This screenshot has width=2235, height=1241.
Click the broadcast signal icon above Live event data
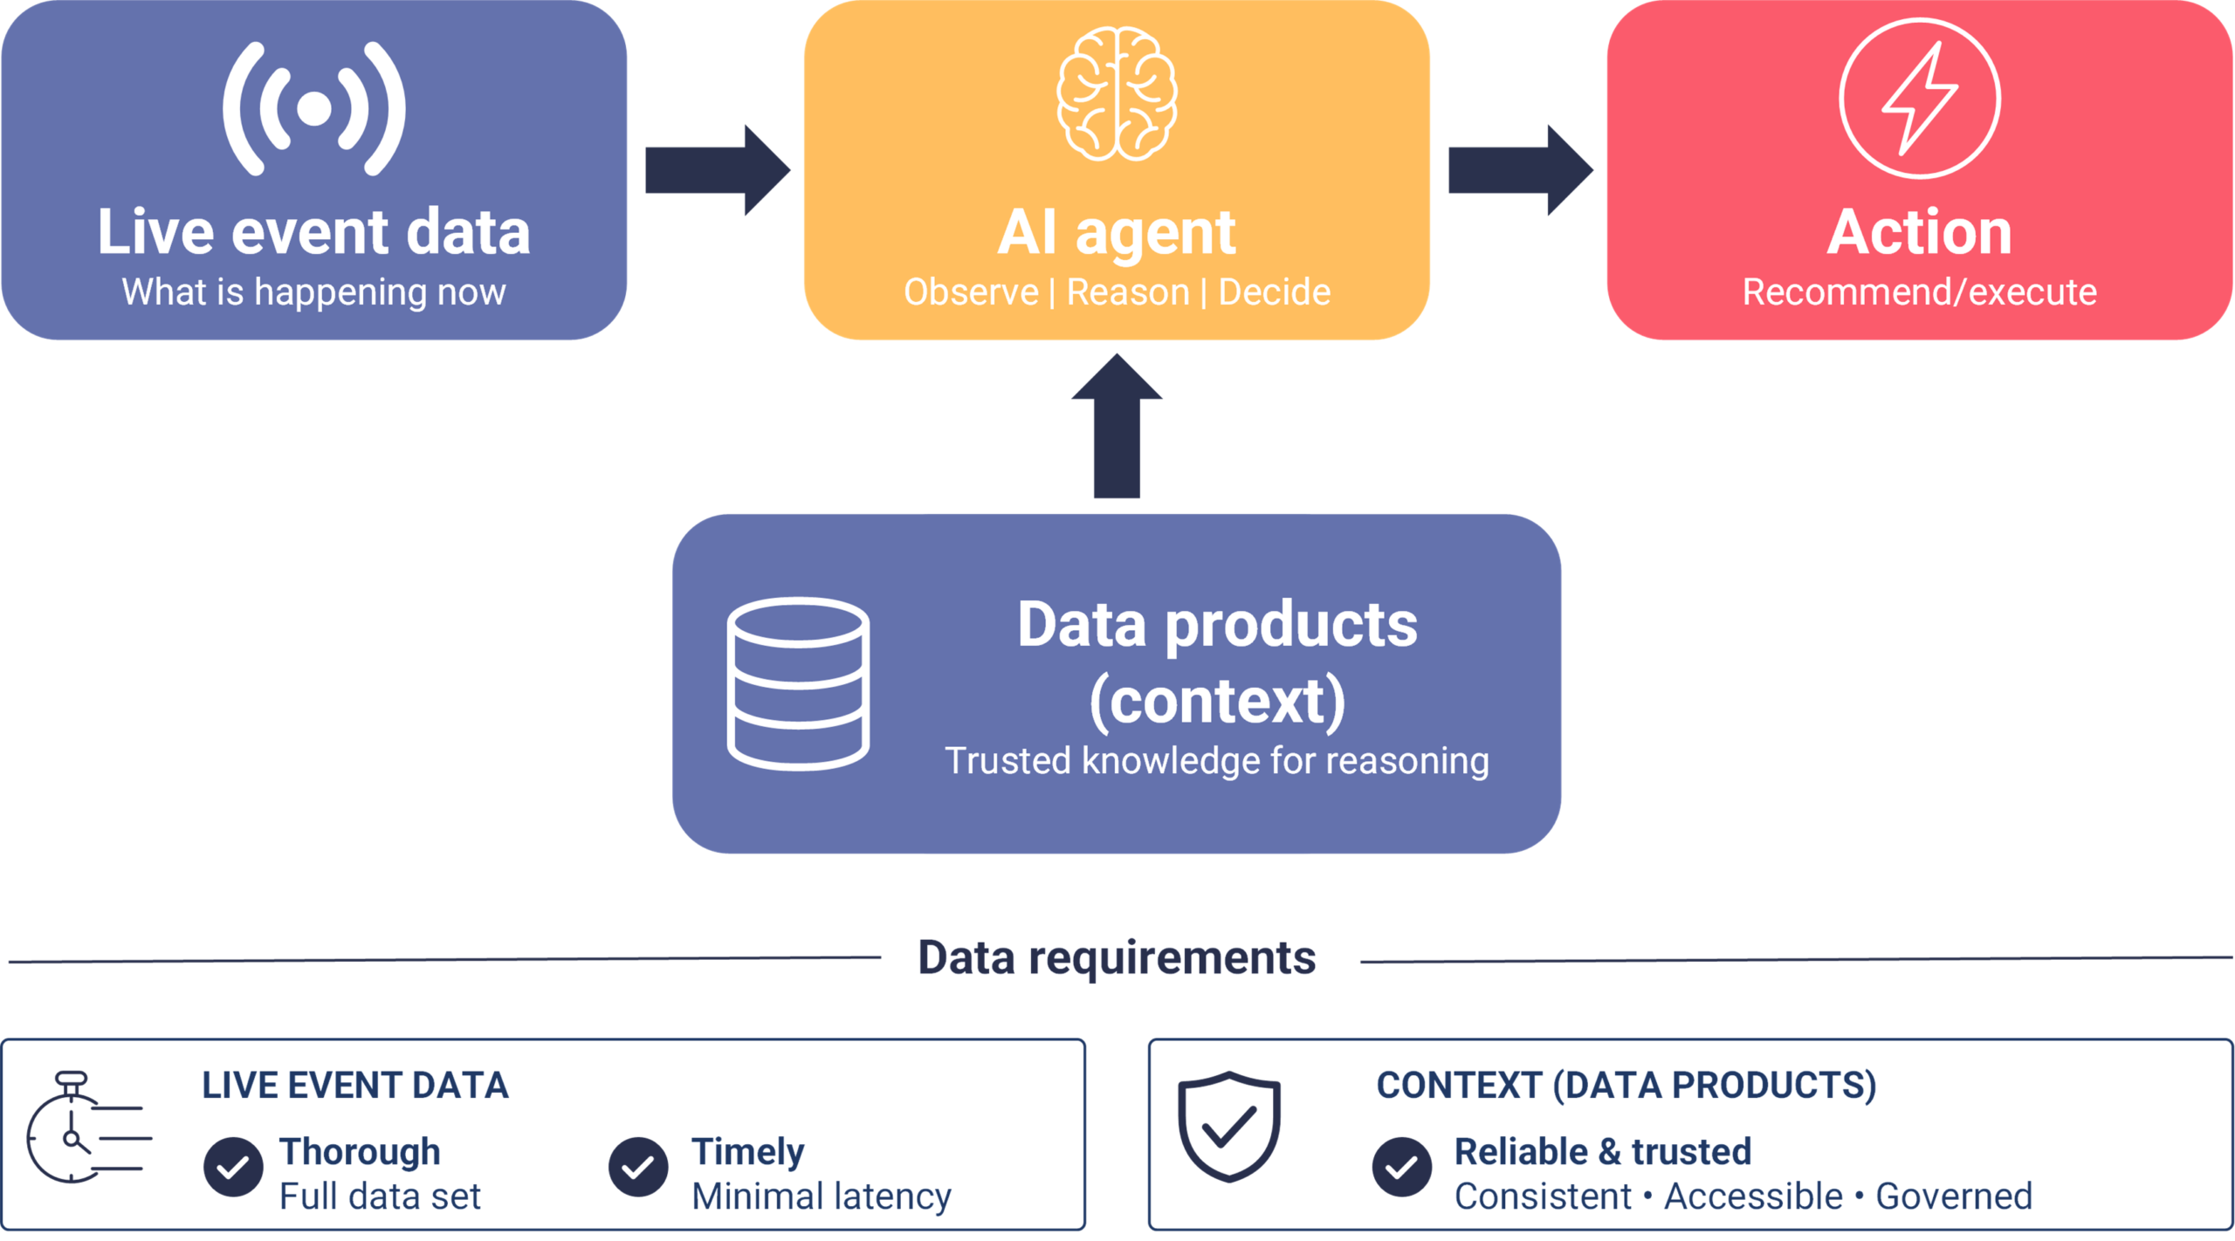point(314,108)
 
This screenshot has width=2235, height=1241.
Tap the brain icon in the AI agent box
point(1117,94)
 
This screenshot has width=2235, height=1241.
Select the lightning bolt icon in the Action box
point(1920,99)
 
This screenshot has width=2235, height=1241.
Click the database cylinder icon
point(798,683)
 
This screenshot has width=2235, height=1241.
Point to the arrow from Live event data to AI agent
point(718,170)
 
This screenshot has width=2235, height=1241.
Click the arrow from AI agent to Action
point(1521,170)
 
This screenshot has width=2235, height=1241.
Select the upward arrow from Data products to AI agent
point(1117,426)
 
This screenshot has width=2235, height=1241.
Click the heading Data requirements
point(1117,957)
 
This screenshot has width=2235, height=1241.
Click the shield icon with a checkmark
point(1229,1127)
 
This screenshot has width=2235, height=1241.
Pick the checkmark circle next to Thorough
point(233,1167)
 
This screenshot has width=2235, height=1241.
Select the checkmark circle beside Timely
point(638,1167)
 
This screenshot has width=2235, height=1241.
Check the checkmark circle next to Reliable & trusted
point(1401,1167)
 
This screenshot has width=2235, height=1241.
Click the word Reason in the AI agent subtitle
point(1128,292)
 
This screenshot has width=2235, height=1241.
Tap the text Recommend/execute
point(1920,292)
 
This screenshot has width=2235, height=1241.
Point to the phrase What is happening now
point(314,292)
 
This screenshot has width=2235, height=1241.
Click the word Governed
point(1954,1196)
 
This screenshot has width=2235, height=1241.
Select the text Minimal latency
point(822,1196)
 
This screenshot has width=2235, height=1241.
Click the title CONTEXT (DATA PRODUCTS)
point(1626,1086)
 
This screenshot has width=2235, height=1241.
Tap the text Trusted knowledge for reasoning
point(1217,761)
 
